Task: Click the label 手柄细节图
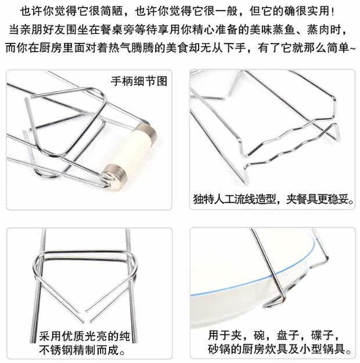coord(139,81)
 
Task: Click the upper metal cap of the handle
coord(146,133)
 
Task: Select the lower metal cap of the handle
coord(114,177)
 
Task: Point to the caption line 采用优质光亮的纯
coord(85,336)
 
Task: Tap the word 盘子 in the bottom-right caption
coord(287,336)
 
